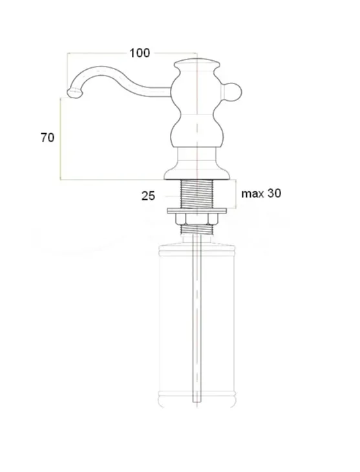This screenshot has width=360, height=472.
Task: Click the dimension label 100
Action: (140, 53)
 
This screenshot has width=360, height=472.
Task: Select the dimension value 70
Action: (48, 138)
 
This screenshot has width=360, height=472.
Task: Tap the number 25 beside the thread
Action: (149, 196)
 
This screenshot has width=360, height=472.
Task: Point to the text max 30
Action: (261, 193)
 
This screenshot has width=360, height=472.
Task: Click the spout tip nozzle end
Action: (74, 94)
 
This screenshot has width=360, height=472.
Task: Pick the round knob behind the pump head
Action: (233, 92)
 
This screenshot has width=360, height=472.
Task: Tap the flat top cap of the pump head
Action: (196, 63)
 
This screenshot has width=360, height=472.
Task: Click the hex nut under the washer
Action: (196, 219)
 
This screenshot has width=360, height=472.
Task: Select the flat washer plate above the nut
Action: (196, 210)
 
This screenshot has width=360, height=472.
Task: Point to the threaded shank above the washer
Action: (196, 193)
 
